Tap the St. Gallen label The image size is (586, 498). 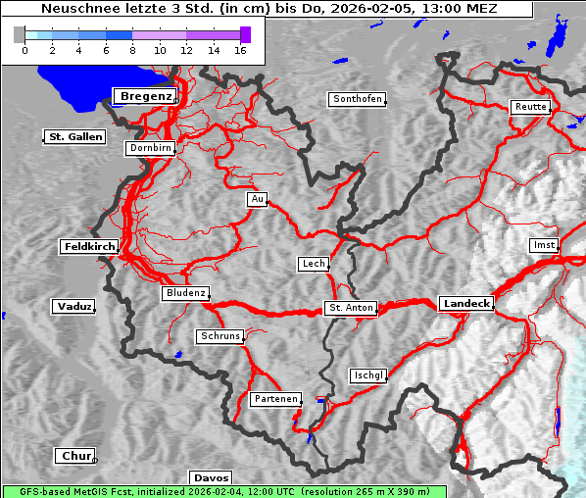coord(74,137)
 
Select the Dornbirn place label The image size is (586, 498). coord(151,149)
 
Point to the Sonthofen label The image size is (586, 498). coord(358,99)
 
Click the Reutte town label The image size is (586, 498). coord(530,107)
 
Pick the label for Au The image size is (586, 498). coord(257,199)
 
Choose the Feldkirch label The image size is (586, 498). coord(89,247)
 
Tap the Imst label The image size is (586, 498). coord(542,244)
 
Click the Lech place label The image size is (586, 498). coord(313,264)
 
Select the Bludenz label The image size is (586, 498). coord(185,293)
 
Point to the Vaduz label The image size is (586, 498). coord(73,307)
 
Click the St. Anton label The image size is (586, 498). coord(351,308)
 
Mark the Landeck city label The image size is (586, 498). coord(466,304)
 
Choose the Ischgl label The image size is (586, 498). coord(368,375)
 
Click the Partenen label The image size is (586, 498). coord(274,399)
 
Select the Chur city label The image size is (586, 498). coord(74,456)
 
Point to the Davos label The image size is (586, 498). coord(211,478)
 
